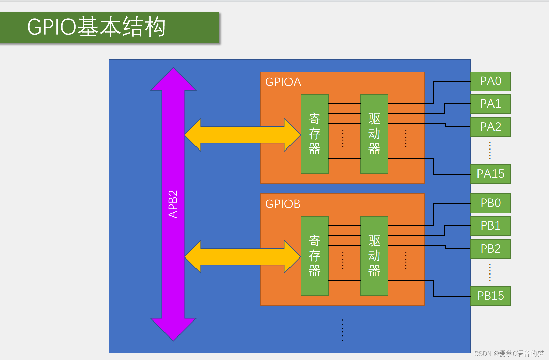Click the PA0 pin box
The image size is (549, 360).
[490, 81]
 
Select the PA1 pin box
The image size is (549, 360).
[490, 104]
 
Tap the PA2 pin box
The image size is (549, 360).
[490, 127]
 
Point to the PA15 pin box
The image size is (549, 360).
[490, 174]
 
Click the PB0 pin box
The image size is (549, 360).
[490, 203]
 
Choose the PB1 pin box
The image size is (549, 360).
[490, 226]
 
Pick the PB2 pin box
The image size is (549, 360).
[490, 249]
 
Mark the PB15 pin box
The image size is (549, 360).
[490, 296]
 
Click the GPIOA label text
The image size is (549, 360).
[283, 82]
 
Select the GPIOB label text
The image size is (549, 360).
[283, 204]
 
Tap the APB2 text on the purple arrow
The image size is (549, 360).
[173, 204]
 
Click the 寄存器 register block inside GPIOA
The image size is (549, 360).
[314, 134]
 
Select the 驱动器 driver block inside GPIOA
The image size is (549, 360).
[374, 134]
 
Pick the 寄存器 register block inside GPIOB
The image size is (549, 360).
[314, 256]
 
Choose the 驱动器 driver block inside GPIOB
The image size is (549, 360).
[374, 256]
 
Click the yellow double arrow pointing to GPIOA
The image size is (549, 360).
[242, 135]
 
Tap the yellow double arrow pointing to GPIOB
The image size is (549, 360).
[242, 257]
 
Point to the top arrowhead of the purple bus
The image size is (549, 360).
[173, 80]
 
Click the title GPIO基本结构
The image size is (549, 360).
[96, 27]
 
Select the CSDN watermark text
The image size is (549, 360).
[509, 354]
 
